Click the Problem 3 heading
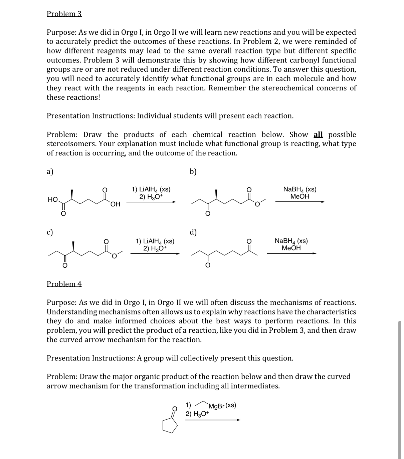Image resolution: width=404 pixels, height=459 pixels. [x=64, y=14]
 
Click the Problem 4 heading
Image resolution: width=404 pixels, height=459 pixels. [x=64, y=284]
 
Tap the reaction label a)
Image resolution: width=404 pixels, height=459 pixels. [x=50, y=172]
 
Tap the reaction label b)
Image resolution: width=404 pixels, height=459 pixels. [x=194, y=172]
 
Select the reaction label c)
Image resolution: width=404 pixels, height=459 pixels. [x=50, y=232]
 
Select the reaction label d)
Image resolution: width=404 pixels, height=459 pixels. [x=193, y=232]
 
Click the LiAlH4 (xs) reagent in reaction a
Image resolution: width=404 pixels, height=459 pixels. [x=151, y=189]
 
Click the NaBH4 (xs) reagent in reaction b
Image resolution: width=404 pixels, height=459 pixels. [x=300, y=189]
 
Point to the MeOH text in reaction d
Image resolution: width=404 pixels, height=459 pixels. [x=291, y=248]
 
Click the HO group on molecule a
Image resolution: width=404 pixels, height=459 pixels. [x=53, y=199]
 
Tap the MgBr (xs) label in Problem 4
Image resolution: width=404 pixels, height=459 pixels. [x=222, y=406]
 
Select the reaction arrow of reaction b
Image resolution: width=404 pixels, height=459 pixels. [x=300, y=202]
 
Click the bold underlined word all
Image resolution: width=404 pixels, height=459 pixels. [x=318, y=135]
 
